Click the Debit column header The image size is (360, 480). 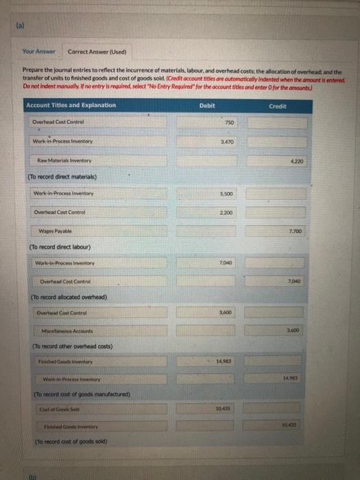207,105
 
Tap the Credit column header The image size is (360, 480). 278,106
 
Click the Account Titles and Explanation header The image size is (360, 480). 71,105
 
